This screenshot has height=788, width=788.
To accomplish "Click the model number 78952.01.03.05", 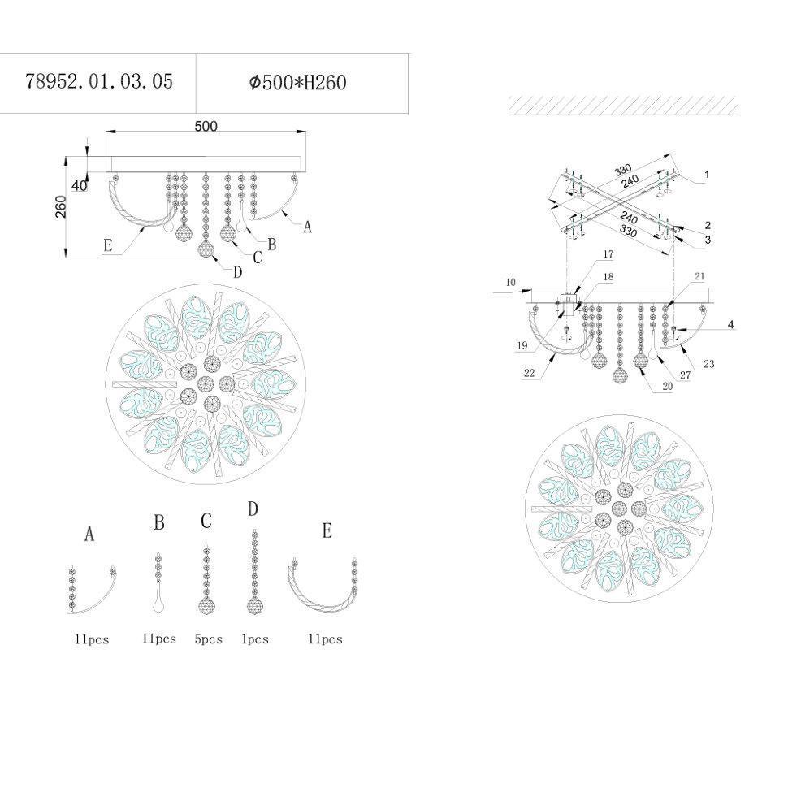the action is pos(99,81).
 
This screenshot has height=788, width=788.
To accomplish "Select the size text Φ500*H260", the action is pos(297,82).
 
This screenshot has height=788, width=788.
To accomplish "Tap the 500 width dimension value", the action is pos(206,126).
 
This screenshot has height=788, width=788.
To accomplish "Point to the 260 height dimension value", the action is pos(60,206).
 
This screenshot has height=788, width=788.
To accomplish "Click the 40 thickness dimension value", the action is pos(80,186).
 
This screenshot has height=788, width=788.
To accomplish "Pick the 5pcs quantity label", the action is pos(209,639).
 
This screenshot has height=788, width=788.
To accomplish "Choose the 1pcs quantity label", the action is pos(255,639).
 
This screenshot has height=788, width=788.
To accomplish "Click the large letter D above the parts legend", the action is pos(253,509).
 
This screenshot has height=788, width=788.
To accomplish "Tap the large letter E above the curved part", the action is pos(327,530).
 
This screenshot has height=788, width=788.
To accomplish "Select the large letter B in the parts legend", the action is pos(158,522).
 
